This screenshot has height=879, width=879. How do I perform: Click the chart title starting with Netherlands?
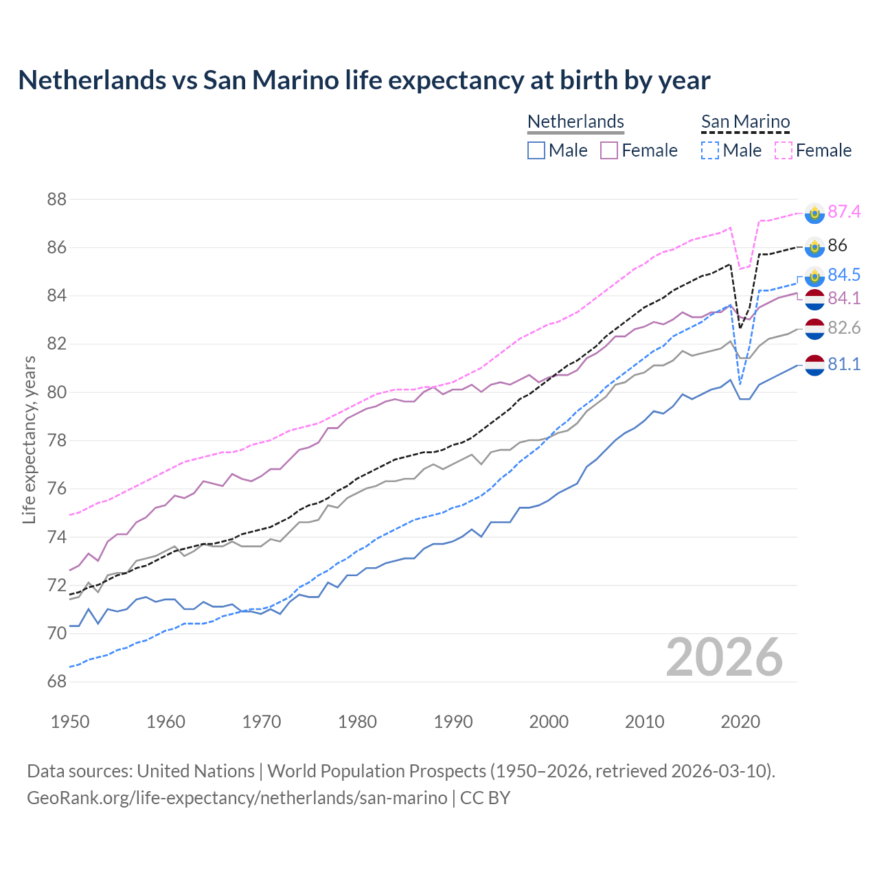(364, 80)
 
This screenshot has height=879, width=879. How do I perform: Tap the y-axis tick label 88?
(57, 200)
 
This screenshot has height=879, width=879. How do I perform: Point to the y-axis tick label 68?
(57, 682)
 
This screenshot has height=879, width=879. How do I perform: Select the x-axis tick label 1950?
(70, 722)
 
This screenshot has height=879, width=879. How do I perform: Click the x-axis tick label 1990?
(453, 722)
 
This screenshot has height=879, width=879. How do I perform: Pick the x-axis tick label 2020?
(740, 722)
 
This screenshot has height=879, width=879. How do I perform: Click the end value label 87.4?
(844, 212)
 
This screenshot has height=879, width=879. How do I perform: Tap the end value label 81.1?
(844, 365)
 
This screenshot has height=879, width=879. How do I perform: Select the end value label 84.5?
(844, 275)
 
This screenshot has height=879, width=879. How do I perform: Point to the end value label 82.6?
(844, 328)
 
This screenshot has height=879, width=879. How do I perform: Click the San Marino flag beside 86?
(814, 246)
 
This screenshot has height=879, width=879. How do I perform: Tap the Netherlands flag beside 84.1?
(814, 299)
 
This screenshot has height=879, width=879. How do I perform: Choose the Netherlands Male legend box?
(536, 150)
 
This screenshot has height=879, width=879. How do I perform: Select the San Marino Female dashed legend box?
(784, 150)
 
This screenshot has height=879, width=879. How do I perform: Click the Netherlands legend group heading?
(575, 122)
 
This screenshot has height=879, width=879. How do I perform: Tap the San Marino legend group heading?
(745, 122)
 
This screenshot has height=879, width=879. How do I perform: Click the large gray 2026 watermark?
(724, 657)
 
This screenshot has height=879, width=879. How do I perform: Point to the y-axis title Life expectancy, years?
(29, 439)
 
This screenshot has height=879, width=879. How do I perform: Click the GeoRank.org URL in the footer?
(237, 798)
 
